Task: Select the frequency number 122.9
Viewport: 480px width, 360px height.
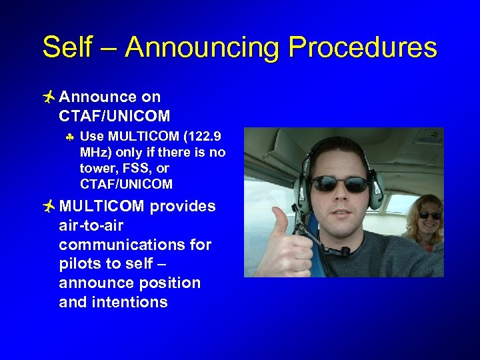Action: (204, 137)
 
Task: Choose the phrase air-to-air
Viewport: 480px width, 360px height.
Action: (91, 226)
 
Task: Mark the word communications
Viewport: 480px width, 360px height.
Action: (117, 245)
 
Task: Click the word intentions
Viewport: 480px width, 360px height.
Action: (129, 302)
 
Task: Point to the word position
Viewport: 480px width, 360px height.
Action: (168, 283)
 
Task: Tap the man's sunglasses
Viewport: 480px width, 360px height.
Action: (338, 183)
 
